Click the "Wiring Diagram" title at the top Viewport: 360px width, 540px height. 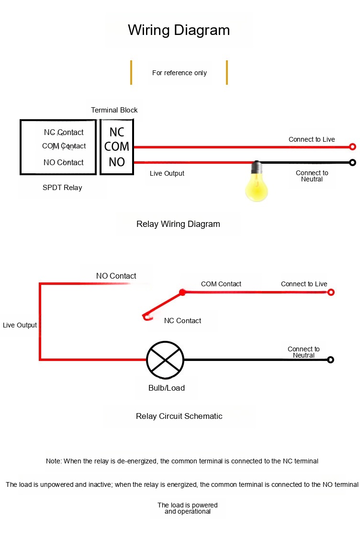click(179, 30)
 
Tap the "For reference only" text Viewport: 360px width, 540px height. click(180, 73)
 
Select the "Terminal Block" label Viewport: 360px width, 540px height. click(114, 110)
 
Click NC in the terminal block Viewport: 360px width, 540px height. click(117, 132)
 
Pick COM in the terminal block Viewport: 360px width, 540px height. click(117, 146)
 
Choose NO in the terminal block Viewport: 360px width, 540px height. click(117, 162)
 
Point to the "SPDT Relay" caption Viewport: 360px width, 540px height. click(62, 188)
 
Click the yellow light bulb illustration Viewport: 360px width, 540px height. click(257, 181)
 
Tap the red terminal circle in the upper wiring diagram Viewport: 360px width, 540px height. click(352, 146)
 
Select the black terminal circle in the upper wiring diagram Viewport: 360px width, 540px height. click(352, 163)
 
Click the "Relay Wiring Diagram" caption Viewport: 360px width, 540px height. click(178, 224)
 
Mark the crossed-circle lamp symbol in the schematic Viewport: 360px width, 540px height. click(165, 360)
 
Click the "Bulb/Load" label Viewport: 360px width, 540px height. click(167, 388)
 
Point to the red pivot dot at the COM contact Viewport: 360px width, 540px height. click(182, 292)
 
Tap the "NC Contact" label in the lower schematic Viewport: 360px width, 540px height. click(182, 321)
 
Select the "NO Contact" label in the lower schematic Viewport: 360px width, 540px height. click(116, 276)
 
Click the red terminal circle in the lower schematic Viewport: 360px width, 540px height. click(331, 292)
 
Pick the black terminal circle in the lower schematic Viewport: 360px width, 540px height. click(330, 360)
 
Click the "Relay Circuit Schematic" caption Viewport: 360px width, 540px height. click(179, 416)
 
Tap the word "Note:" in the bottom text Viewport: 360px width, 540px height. click(54, 461)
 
